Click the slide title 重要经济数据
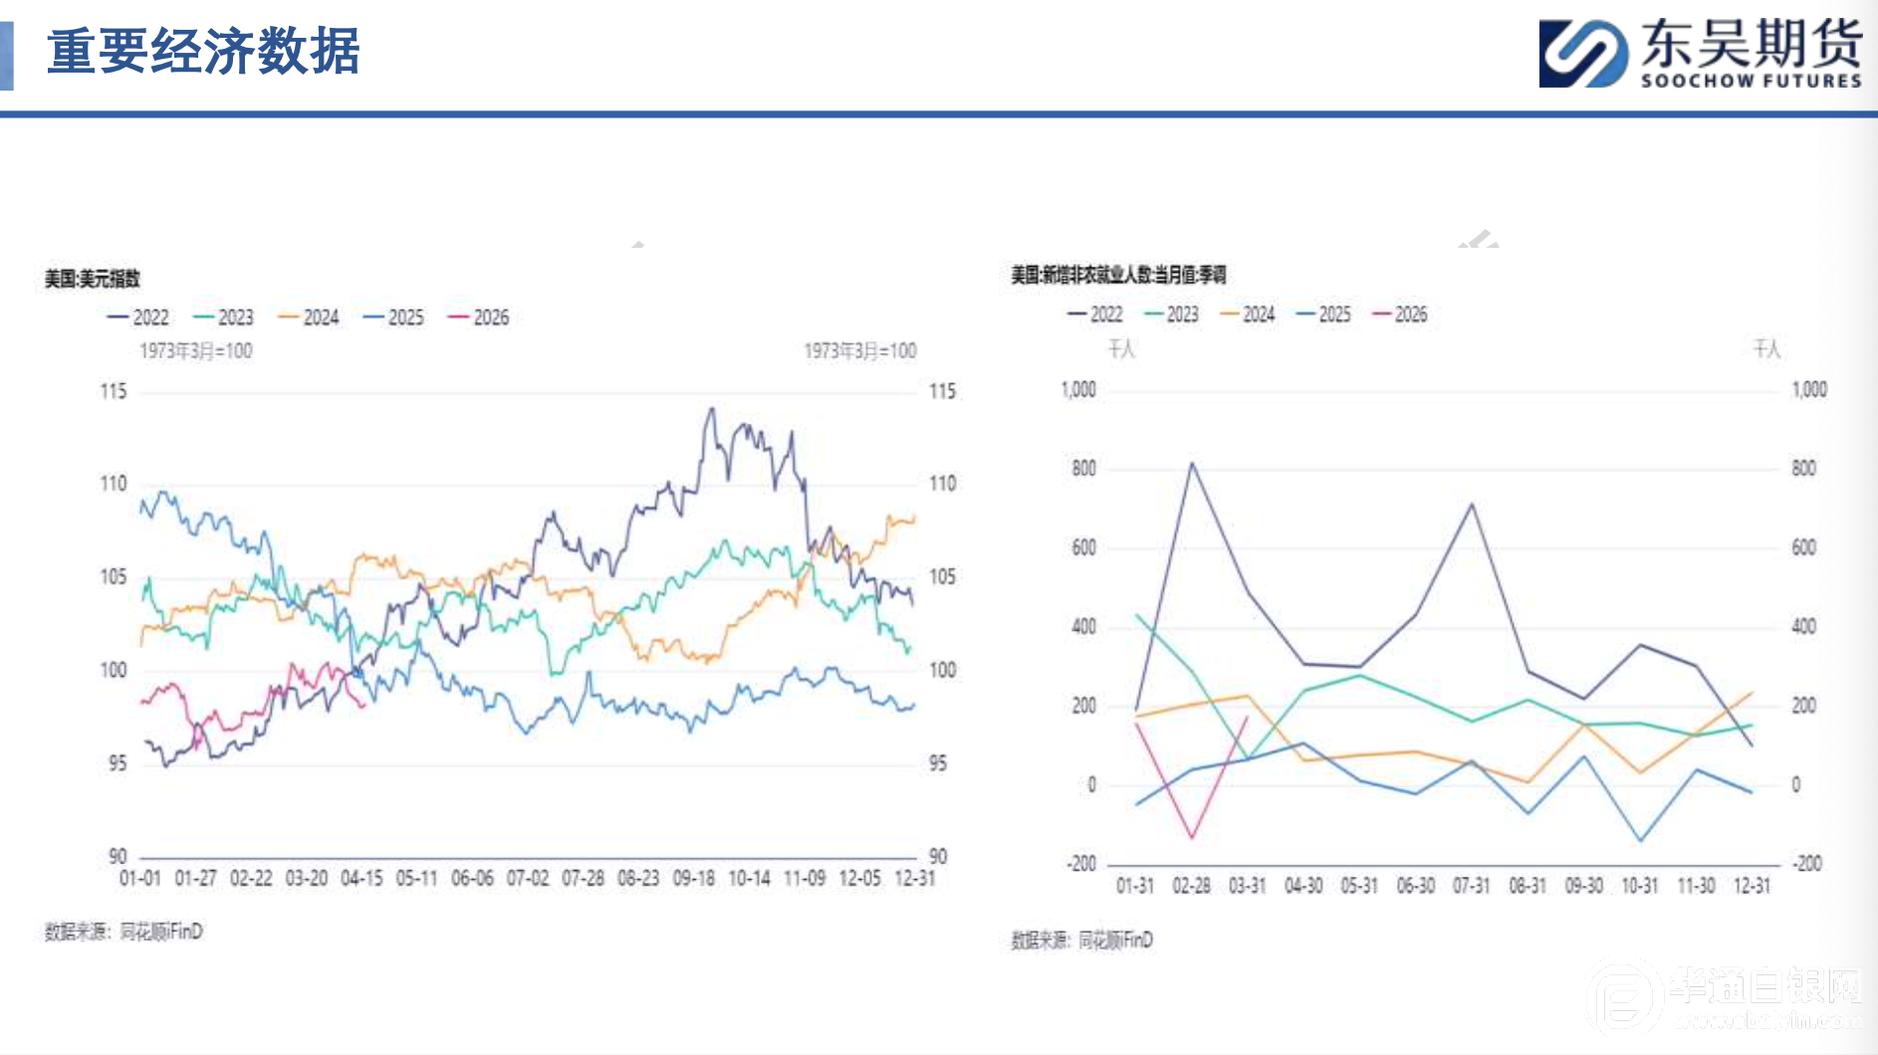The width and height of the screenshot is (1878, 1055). click(203, 52)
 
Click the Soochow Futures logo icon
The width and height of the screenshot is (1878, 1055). click(1583, 54)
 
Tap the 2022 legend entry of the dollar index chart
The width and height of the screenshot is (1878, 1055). click(138, 317)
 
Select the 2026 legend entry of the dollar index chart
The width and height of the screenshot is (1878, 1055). click(479, 317)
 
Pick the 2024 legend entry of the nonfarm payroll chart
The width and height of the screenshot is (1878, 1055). click(1248, 315)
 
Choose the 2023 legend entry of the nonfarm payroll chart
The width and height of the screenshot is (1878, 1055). click(1172, 315)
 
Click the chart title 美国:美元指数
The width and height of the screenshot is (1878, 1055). click(92, 279)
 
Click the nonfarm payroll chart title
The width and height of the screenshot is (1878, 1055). click(1118, 275)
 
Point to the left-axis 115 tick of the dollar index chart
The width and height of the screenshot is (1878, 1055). click(114, 391)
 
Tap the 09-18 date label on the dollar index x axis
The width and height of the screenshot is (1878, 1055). click(694, 879)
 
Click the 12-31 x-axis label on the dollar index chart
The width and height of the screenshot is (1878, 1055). click(915, 879)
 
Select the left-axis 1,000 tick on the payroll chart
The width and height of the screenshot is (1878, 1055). click(1078, 389)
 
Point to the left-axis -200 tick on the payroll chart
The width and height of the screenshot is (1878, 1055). click(1080, 864)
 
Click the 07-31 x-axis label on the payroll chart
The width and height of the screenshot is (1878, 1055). click(1471, 886)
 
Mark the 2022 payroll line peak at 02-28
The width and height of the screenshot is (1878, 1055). click(1192, 463)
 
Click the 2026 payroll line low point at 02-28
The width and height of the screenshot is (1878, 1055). click(1192, 838)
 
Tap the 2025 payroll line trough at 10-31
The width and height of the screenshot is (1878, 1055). click(1640, 841)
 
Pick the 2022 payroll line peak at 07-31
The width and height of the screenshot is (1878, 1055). click(1472, 504)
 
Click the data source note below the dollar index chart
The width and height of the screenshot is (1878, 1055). click(123, 932)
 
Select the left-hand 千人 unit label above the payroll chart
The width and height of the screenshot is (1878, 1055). click(1121, 348)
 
